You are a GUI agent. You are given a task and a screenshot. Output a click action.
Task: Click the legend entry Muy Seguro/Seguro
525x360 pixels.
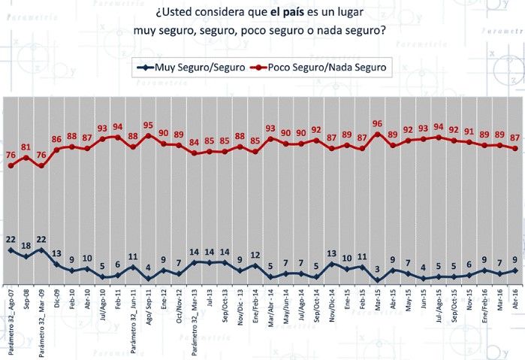tap(198, 68)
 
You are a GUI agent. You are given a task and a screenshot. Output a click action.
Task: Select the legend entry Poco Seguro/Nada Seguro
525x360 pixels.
tap(329, 68)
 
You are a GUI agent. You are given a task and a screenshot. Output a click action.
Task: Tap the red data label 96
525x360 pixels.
tap(378, 124)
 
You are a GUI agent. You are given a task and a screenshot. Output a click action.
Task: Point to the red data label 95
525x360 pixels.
tap(148, 126)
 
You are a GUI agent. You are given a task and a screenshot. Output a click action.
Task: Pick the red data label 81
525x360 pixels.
tap(26, 147)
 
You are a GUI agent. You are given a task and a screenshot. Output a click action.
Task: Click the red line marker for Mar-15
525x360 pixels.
tap(378, 135)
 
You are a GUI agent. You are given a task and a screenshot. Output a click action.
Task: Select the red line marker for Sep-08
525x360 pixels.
tap(26, 158)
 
